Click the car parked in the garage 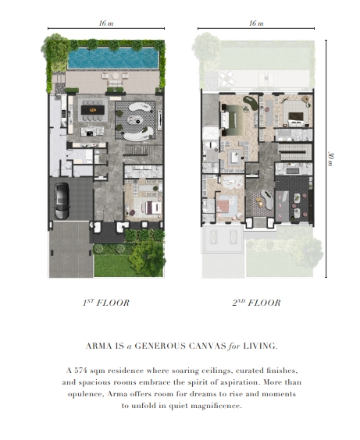click(x=62, y=201)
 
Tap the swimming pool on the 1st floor click(x=113, y=59)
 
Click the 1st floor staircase click(x=143, y=150)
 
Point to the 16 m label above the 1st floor click(x=106, y=23)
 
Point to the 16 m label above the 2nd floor click(x=256, y=23)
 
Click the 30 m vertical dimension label click(x=331, y=159)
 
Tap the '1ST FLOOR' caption click(x=106, y=303)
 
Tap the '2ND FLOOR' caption click(x=256, y=303)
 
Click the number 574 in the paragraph click(x=81, y=371)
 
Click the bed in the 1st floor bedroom click(x=151, y=208)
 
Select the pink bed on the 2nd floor click(x=226, y=206)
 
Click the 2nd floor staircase click(x=294, y=152)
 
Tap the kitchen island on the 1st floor click(x=92, y=131)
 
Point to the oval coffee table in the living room click(x=134, y=120)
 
